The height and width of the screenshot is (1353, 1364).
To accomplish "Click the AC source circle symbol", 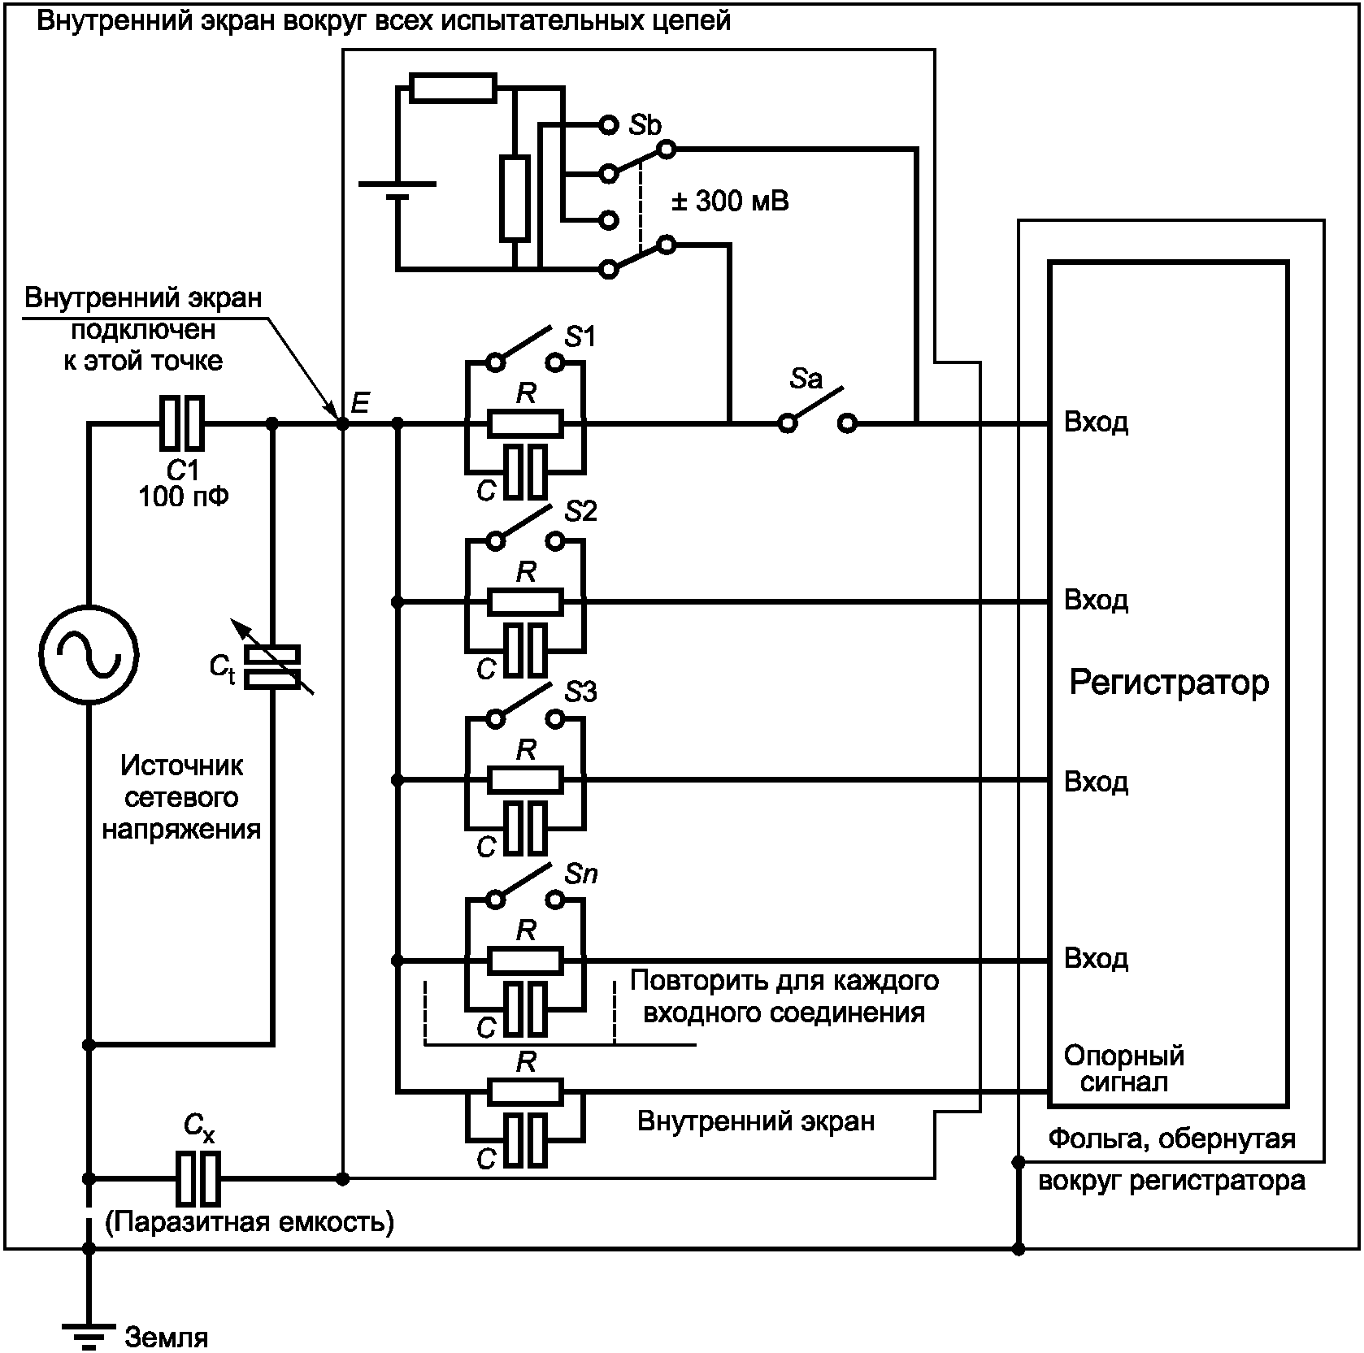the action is click(89, 654).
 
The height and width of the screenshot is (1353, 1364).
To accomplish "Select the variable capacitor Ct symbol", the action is click(272, 666).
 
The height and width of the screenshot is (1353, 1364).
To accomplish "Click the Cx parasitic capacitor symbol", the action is click(198, 1177).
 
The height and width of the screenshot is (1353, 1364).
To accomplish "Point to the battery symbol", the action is click(397, 190).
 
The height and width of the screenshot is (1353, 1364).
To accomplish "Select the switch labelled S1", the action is click(525, 349).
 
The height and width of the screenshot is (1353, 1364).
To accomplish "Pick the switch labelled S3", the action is click(525, 706).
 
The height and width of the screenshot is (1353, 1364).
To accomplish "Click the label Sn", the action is click(580, 874).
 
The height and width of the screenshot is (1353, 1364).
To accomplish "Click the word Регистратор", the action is click(1168, 683).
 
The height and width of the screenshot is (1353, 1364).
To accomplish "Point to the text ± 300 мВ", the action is click(730, 201).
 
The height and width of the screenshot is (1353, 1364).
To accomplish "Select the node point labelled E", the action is click(342, 423).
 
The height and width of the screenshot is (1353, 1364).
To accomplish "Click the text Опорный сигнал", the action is click(1124, 1069).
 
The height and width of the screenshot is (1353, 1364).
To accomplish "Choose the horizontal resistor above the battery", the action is click(453, 88).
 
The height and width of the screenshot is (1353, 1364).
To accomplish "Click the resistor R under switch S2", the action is click(525, 602).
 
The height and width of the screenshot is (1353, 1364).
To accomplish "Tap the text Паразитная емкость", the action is click(250, 1221).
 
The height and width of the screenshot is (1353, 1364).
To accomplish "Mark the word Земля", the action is click(167, 1337).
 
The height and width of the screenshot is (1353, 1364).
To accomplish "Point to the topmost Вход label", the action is click(1096, 423).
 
